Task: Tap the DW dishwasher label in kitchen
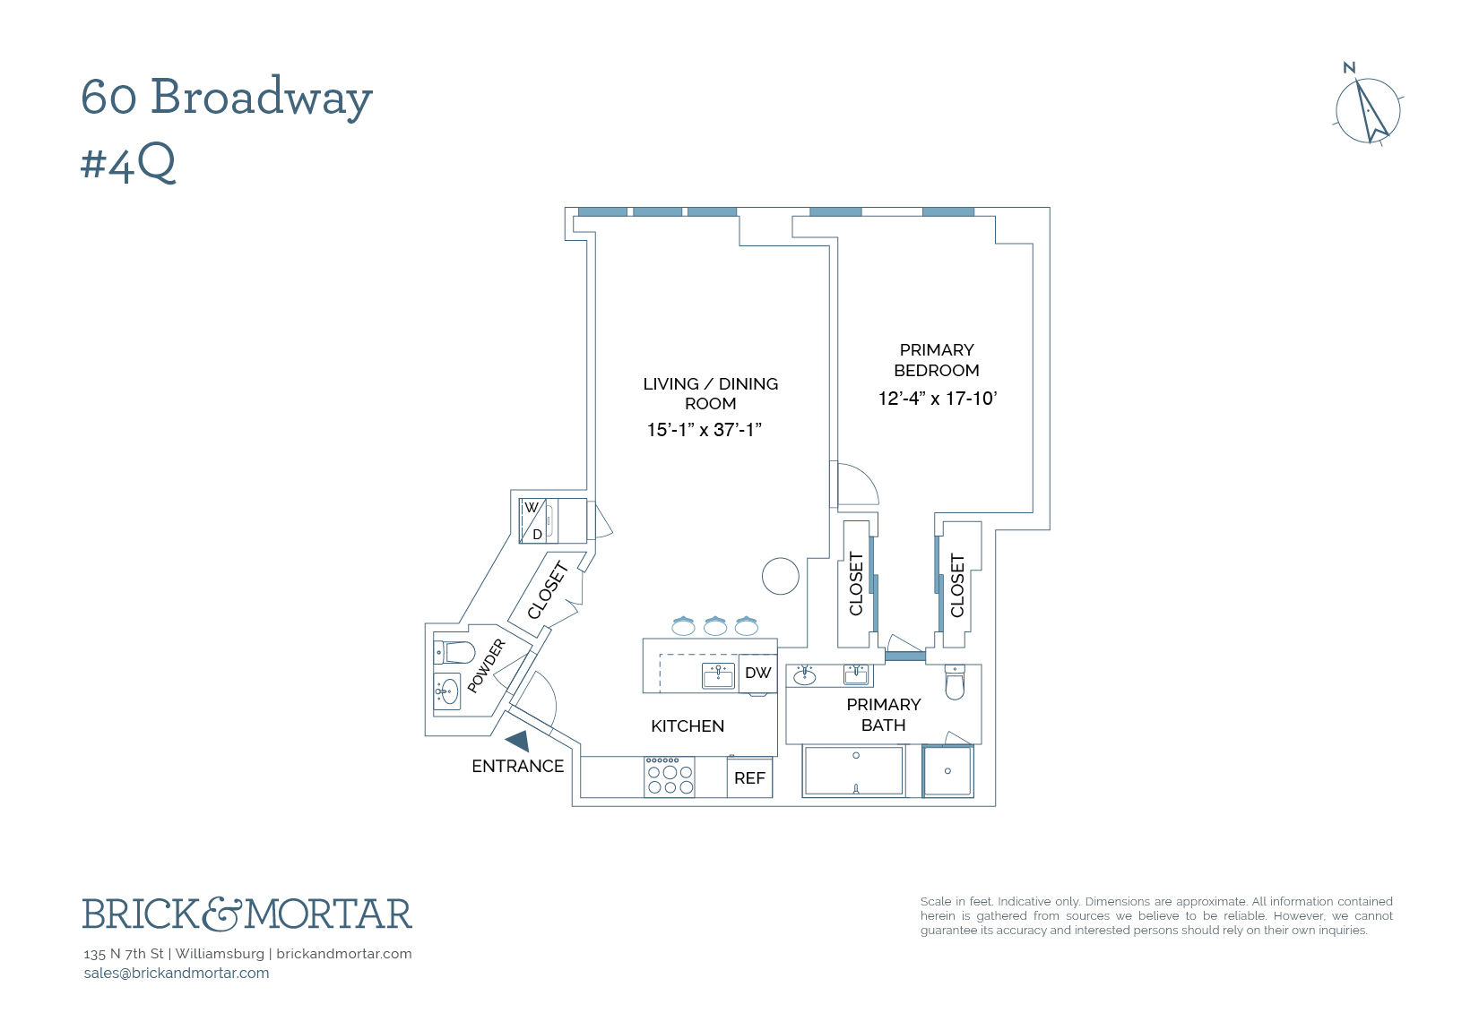[x=757, y=673]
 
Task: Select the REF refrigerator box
[x=749, y=778]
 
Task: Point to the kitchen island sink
[x=718, y=675]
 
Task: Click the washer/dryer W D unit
[x=536, y=520]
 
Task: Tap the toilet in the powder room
[x=456, y=650]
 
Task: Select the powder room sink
[x=448, y=691]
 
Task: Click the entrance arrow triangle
[x=517, y=741]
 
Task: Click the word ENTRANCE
[x=517, y=767]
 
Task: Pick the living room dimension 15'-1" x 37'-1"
[x=704, y=430]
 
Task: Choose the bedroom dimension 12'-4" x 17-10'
[x=937, y=399]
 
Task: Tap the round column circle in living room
[x=780, y=576]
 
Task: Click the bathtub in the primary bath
[x=853, y=770]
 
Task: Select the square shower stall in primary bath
[x=947, y=770]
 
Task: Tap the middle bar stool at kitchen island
[x=714, y=625]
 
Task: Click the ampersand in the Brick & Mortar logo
[x=221, y=914]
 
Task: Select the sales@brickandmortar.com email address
[x=177, y=974]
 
